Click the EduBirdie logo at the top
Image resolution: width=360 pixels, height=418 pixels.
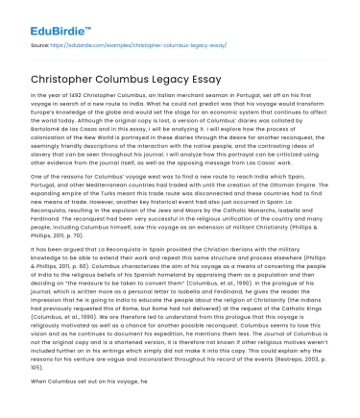tap(46, 15)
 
